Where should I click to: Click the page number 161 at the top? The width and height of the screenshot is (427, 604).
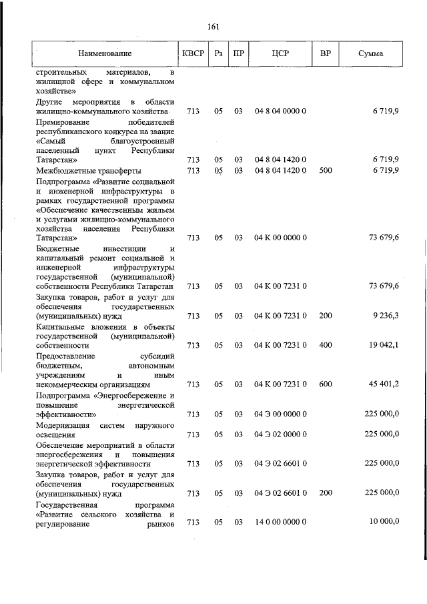(x=213, y=27)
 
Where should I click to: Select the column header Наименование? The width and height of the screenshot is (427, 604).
(x=105, y=53)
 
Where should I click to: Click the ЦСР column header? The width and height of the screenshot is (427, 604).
(x=280, y=53)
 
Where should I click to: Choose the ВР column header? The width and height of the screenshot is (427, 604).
(x=326, y=53)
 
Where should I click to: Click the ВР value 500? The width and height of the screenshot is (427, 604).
(x=326, y=170)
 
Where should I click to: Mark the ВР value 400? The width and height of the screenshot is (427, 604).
(x=326, y=345)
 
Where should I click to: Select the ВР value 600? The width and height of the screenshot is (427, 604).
(x=326, y=384)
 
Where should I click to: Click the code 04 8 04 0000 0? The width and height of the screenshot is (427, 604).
(x=280, y=111)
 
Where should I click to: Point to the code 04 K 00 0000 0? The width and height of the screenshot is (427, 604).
(x=280, y=238)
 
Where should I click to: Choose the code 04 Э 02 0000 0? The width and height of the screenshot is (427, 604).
(x=280, y=434)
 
